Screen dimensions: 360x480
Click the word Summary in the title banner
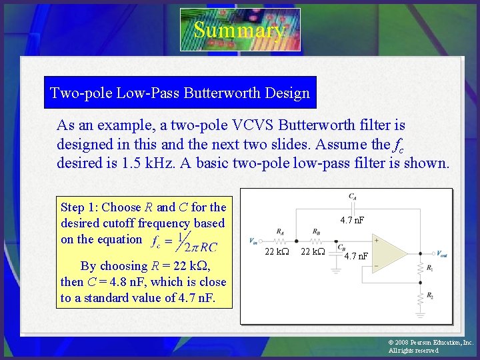point(239,30)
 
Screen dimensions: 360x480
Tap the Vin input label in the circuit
point(253,241)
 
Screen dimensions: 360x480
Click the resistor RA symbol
point(281,241)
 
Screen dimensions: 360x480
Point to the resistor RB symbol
point(316,241)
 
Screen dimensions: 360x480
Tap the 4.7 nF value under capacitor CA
point(353,219)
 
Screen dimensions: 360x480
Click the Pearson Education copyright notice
point(430,346)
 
